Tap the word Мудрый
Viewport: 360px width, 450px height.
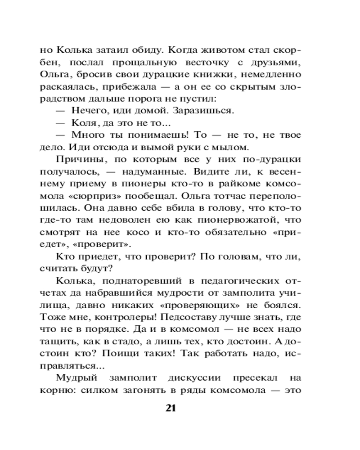(78, 377)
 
